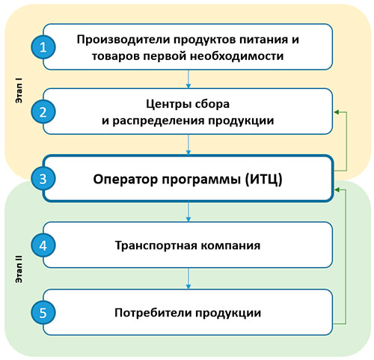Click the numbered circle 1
click(x=43, y=47)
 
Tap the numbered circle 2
click(x=43, y=112)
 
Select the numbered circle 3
click(x=43, y=179)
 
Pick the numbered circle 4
click(x=43, y=245)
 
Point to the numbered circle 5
click(x=43, y=313)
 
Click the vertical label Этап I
click(x=19, y=91)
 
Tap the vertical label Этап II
click(x=19, y=269)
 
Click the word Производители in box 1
click(x=123, y=40)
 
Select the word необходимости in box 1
click(x=237, y=55)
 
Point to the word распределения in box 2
click(x=159, y=120)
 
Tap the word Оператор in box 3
click(x=126, y=179)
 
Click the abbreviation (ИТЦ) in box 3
click(x=263, y=179)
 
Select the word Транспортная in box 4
click(x=156, y=245)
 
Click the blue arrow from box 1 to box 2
click(x=188, y=79)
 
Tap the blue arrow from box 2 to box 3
click(x=188, y=144)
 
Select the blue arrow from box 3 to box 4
click(x=188, y=212)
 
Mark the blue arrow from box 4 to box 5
click(x=188, y=278)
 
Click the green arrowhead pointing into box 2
click(x=337, y=112)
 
